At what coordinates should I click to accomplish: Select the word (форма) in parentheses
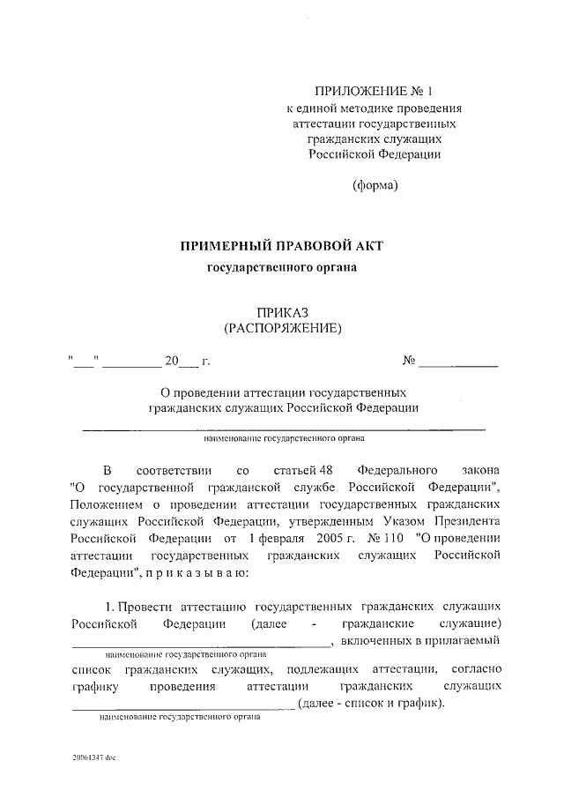[x=375, y=185]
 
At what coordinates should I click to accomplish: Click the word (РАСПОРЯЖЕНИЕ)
[x=282, y=328]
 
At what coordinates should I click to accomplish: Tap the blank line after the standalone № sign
[x=458, y=361]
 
